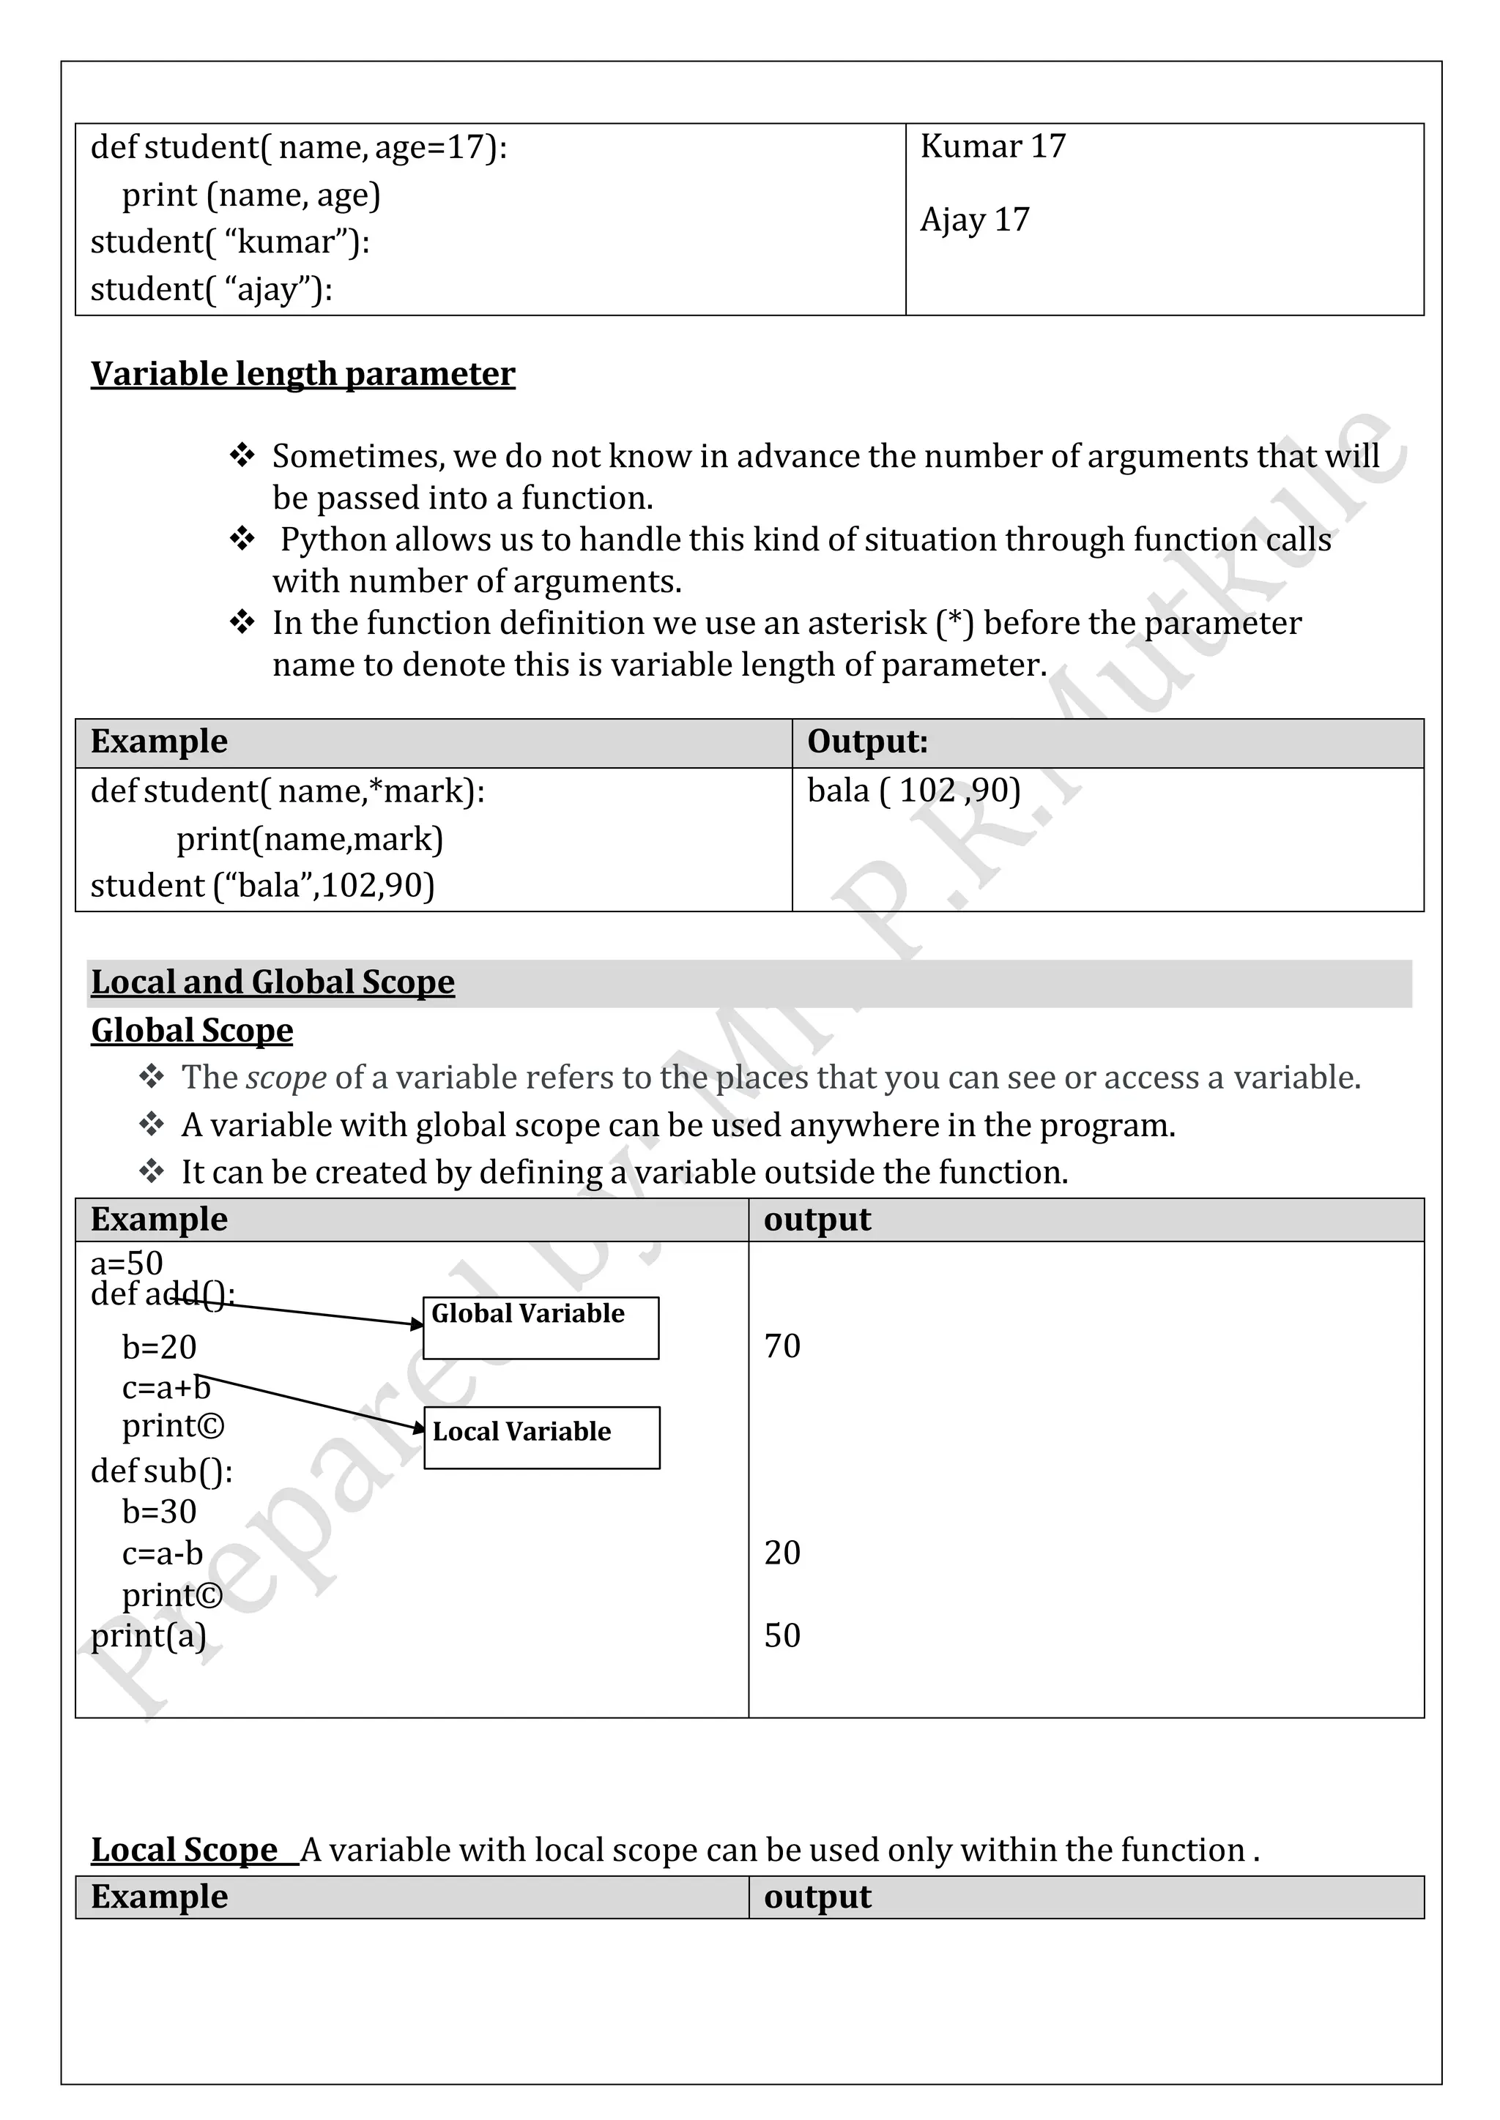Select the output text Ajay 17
coord(973,220)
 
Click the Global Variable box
coord(541,1327)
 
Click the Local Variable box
coord(541,1437)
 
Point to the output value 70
coord(781,1346)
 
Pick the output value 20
coord(781,1553)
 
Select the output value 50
coord(781,1635)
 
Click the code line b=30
coord(159,1512)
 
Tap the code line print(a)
coord(148,1635)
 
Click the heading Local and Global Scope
coord(272,982)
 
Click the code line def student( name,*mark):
coord(287,791)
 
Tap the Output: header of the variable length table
coord(866,742)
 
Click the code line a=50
coord(127,1262)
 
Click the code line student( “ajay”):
coord(211,290)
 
